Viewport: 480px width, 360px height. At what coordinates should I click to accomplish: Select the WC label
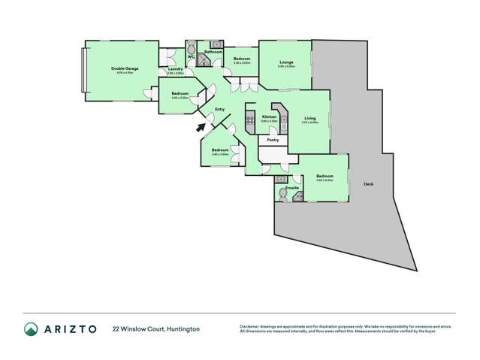pyautogui.click(x=191, y=56)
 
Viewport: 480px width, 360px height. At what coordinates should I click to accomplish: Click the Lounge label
pyautogui.click(x=286, y=62)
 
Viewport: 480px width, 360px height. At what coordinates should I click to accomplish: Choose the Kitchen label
pyautogui.click(x=270, y=117)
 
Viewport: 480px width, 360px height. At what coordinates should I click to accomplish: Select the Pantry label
pyautogui.click(x=273, y=140)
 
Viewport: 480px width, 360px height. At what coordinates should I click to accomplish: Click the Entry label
pyautogui.click(x=220, y=110)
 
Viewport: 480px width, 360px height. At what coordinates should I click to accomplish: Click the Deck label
pyautogui.click(x=368, y=184)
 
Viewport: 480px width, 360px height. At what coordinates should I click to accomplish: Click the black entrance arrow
pyautogui.click(x=201, y=128)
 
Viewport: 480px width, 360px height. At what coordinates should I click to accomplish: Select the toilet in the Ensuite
pyautogui.click(x=282, y=195)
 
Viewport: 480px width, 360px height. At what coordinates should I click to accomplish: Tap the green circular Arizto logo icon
pyautogui.click(x=30, y=328)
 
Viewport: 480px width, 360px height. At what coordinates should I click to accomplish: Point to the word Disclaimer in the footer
pyautogui.click(x=251, y=325)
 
